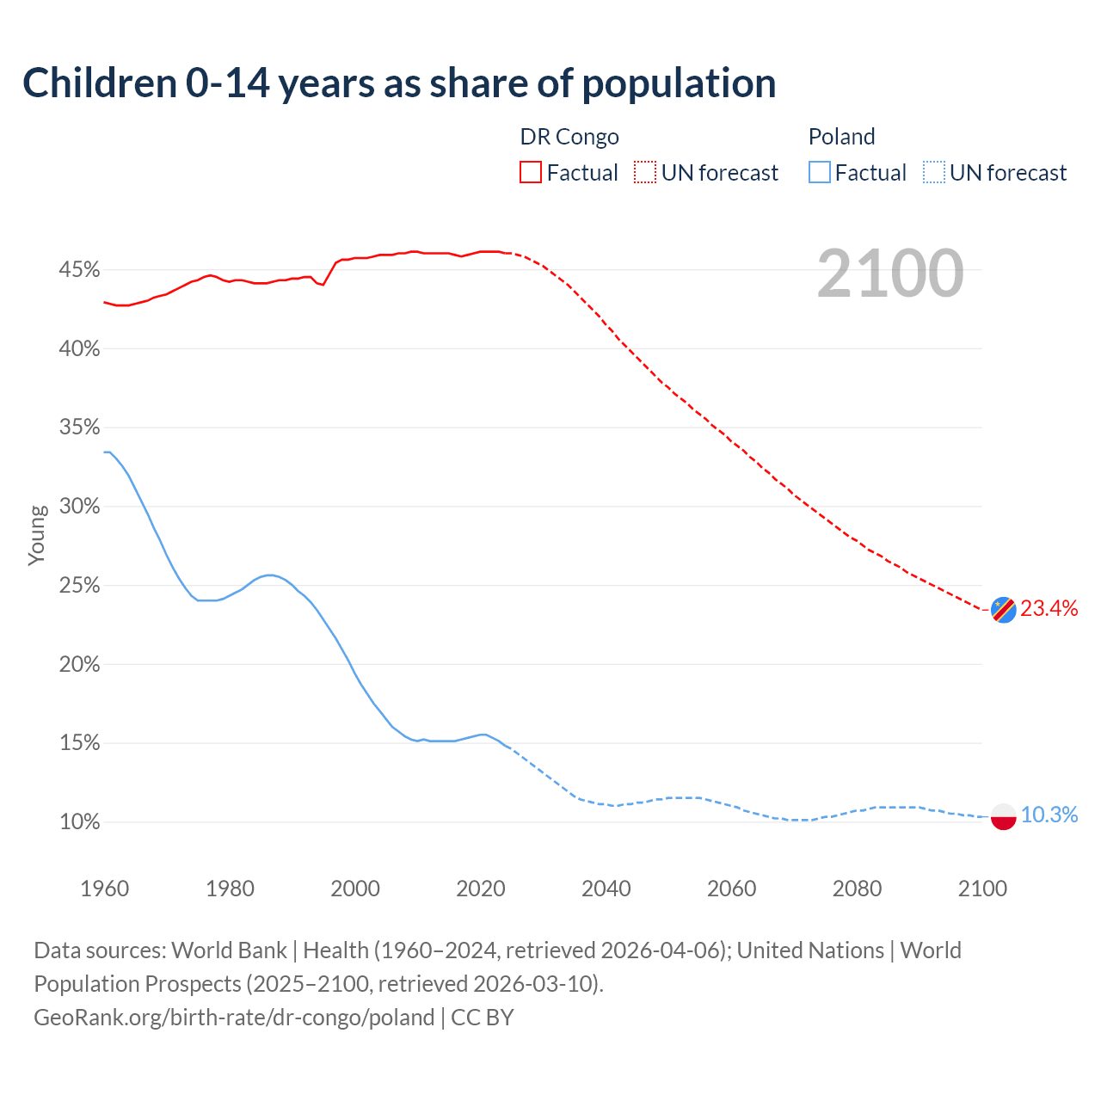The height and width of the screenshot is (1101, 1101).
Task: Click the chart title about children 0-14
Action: point(399,83)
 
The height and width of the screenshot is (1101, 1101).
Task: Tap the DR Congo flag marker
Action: point(1003,609)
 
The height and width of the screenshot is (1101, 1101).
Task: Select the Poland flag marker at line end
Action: point(1003,815)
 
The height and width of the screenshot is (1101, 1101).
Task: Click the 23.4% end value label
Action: point(1049,609)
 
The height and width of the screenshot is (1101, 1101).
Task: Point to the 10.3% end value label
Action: point(1049,815)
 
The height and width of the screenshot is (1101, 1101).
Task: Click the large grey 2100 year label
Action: point(889,274)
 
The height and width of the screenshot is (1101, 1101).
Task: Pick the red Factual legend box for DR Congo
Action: point(530,173)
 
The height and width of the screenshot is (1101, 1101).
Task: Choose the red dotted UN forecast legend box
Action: point(644,173)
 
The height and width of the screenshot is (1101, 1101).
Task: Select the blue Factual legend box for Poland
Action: point(819,173)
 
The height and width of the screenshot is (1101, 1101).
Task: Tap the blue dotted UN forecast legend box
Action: point(933,173)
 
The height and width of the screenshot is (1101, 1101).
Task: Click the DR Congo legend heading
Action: point(569,137)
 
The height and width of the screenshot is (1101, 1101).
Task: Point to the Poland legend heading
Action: point(841,137)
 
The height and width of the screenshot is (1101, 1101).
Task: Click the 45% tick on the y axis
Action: point(79,270)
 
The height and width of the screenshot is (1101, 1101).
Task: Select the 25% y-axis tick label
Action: point(79,586)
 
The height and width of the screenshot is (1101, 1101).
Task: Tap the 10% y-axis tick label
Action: point(79,822)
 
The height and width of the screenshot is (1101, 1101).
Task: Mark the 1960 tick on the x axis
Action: point(104,889)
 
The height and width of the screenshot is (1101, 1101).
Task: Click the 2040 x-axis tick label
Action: point(606,889)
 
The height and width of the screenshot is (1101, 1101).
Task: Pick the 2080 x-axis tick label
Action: point(857,889)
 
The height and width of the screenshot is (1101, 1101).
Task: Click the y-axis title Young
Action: point(37,535)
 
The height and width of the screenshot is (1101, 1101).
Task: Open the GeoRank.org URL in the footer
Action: point(234,1018)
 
